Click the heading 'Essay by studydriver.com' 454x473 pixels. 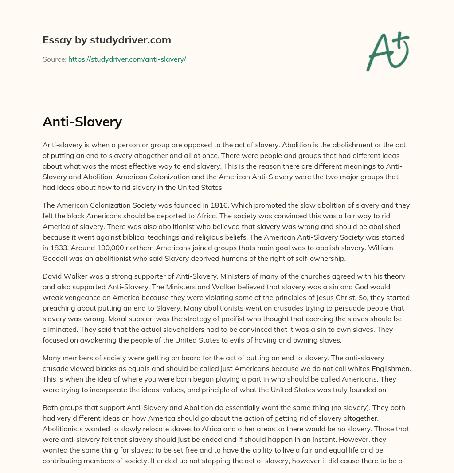(106, 40)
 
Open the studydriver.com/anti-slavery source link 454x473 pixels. (127, 59)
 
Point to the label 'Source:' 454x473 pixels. (54, 59)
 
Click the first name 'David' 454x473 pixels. (52, 276)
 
